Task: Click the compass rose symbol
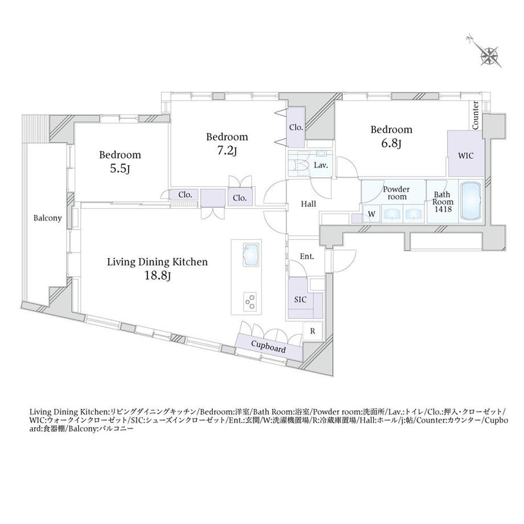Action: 489,55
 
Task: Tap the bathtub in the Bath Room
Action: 470,201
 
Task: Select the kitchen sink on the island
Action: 251,255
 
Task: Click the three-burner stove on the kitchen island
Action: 250,301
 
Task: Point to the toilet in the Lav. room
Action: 300,166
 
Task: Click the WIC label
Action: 465,155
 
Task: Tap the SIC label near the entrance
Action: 300,300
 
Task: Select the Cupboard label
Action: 268,346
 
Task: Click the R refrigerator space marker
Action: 313,331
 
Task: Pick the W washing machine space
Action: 371,214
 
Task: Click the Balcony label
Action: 47,218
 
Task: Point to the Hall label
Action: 308,204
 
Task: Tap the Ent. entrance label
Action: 307,257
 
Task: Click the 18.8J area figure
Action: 158,276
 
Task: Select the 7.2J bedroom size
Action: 227,151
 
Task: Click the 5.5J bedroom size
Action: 120,169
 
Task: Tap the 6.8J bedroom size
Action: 391,144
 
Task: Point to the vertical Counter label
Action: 475,115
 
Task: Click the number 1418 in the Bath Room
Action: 443,209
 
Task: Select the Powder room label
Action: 396,193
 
